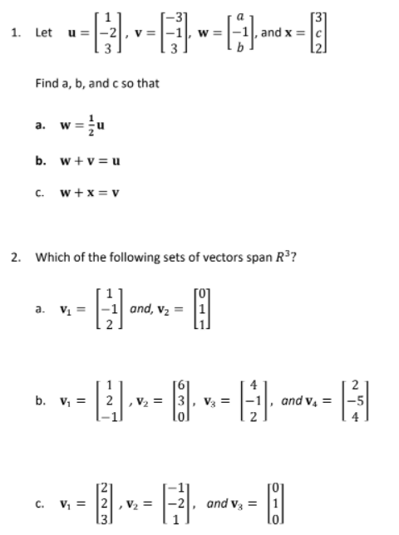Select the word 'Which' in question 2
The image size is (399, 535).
[50, 254]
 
